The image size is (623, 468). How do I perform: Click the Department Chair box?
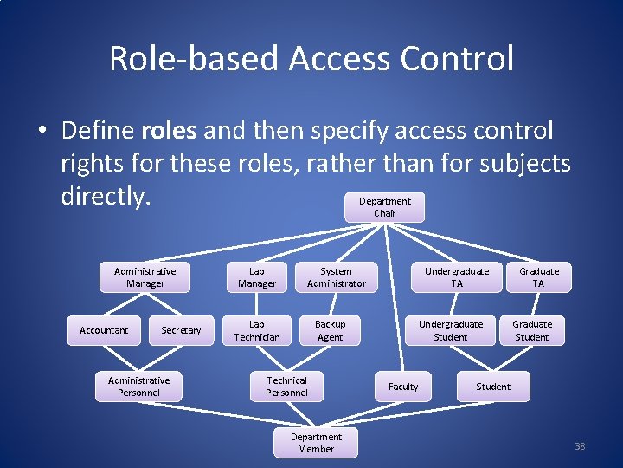click(x=384, y=207)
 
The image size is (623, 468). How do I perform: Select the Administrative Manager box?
click(x=145, y=277)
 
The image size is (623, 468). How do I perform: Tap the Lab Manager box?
click(x=257, y=277)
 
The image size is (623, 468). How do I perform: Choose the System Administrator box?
click(x=336, y=277)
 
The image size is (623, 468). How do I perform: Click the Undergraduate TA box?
click(x=456, y=277)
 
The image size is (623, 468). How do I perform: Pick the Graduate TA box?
click(x=538, y=277)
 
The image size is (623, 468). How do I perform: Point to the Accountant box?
click(x=104, y=330)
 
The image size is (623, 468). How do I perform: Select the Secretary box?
click(x=181, y=330)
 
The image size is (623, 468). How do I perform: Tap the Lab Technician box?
click(x=257, y=330)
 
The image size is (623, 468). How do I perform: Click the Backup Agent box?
click(x=330, y=330)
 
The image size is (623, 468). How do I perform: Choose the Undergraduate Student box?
click(x=450, y=330)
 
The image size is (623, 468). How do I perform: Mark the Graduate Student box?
click(x=531, y=330)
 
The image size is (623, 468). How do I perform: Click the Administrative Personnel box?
click(x=138, y=387)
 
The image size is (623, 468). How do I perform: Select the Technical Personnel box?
click(x=286, y=387)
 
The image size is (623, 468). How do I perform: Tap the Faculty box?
click(x=403, y=387)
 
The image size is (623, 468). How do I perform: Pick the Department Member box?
click(x=316, y=443)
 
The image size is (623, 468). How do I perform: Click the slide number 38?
click(x=580, y=446)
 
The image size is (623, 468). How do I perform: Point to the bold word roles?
click(x=168, y=131)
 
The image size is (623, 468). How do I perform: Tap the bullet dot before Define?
click(x=42, y=132)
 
